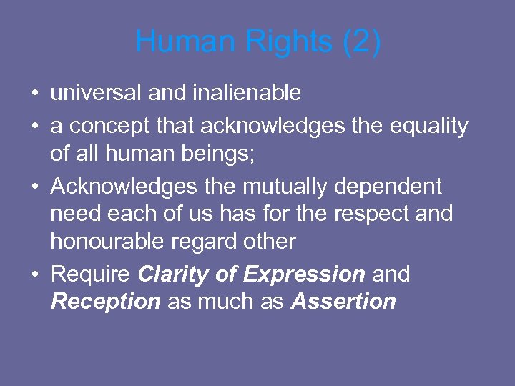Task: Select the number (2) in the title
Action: pos(362,42)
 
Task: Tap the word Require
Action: pos(91,274)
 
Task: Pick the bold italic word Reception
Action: pos(106,302)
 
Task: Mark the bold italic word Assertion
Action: pos(343,302)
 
